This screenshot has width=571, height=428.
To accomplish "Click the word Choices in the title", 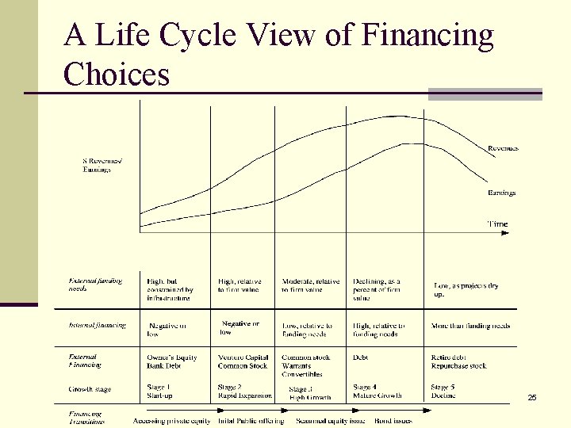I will click(117, 75).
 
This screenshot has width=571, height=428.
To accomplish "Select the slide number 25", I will click(531, 396).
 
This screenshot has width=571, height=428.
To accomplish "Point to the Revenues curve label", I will click(503, 148).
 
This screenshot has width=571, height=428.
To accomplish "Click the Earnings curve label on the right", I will click(501, 193).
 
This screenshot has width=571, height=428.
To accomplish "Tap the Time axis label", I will click(497, 224).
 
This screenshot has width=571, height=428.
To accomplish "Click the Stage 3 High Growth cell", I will click(309, 392).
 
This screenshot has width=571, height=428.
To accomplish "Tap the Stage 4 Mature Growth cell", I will click(377, 391).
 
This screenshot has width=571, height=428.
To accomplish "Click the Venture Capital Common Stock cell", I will click(243, 361).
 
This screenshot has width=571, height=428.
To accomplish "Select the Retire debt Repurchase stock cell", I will click(458, 361).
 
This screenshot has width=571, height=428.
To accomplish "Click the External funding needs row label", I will click(95, 285).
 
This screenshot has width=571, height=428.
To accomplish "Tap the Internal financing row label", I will click(97, 325).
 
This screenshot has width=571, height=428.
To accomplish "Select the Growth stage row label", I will click(90, 389).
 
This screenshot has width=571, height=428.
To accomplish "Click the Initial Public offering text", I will click(251, 421).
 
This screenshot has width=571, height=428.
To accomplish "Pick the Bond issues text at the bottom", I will click(393, 421).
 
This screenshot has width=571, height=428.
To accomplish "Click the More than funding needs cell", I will click(470, 326).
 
